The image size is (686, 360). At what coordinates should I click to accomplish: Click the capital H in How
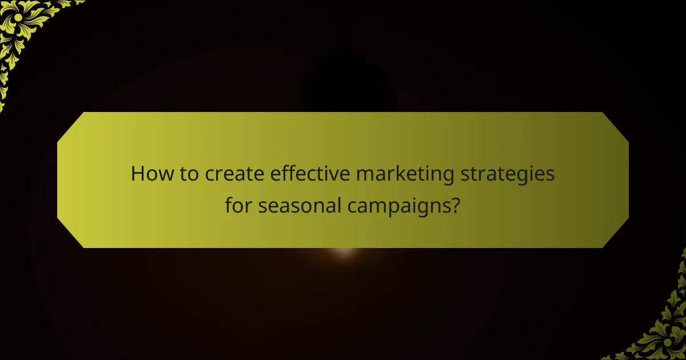point(138,174)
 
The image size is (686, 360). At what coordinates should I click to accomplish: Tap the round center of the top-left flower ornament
point(18,18)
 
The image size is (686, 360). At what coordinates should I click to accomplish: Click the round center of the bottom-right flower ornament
point(667,342)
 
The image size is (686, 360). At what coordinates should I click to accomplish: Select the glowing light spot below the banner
point(344,252)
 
